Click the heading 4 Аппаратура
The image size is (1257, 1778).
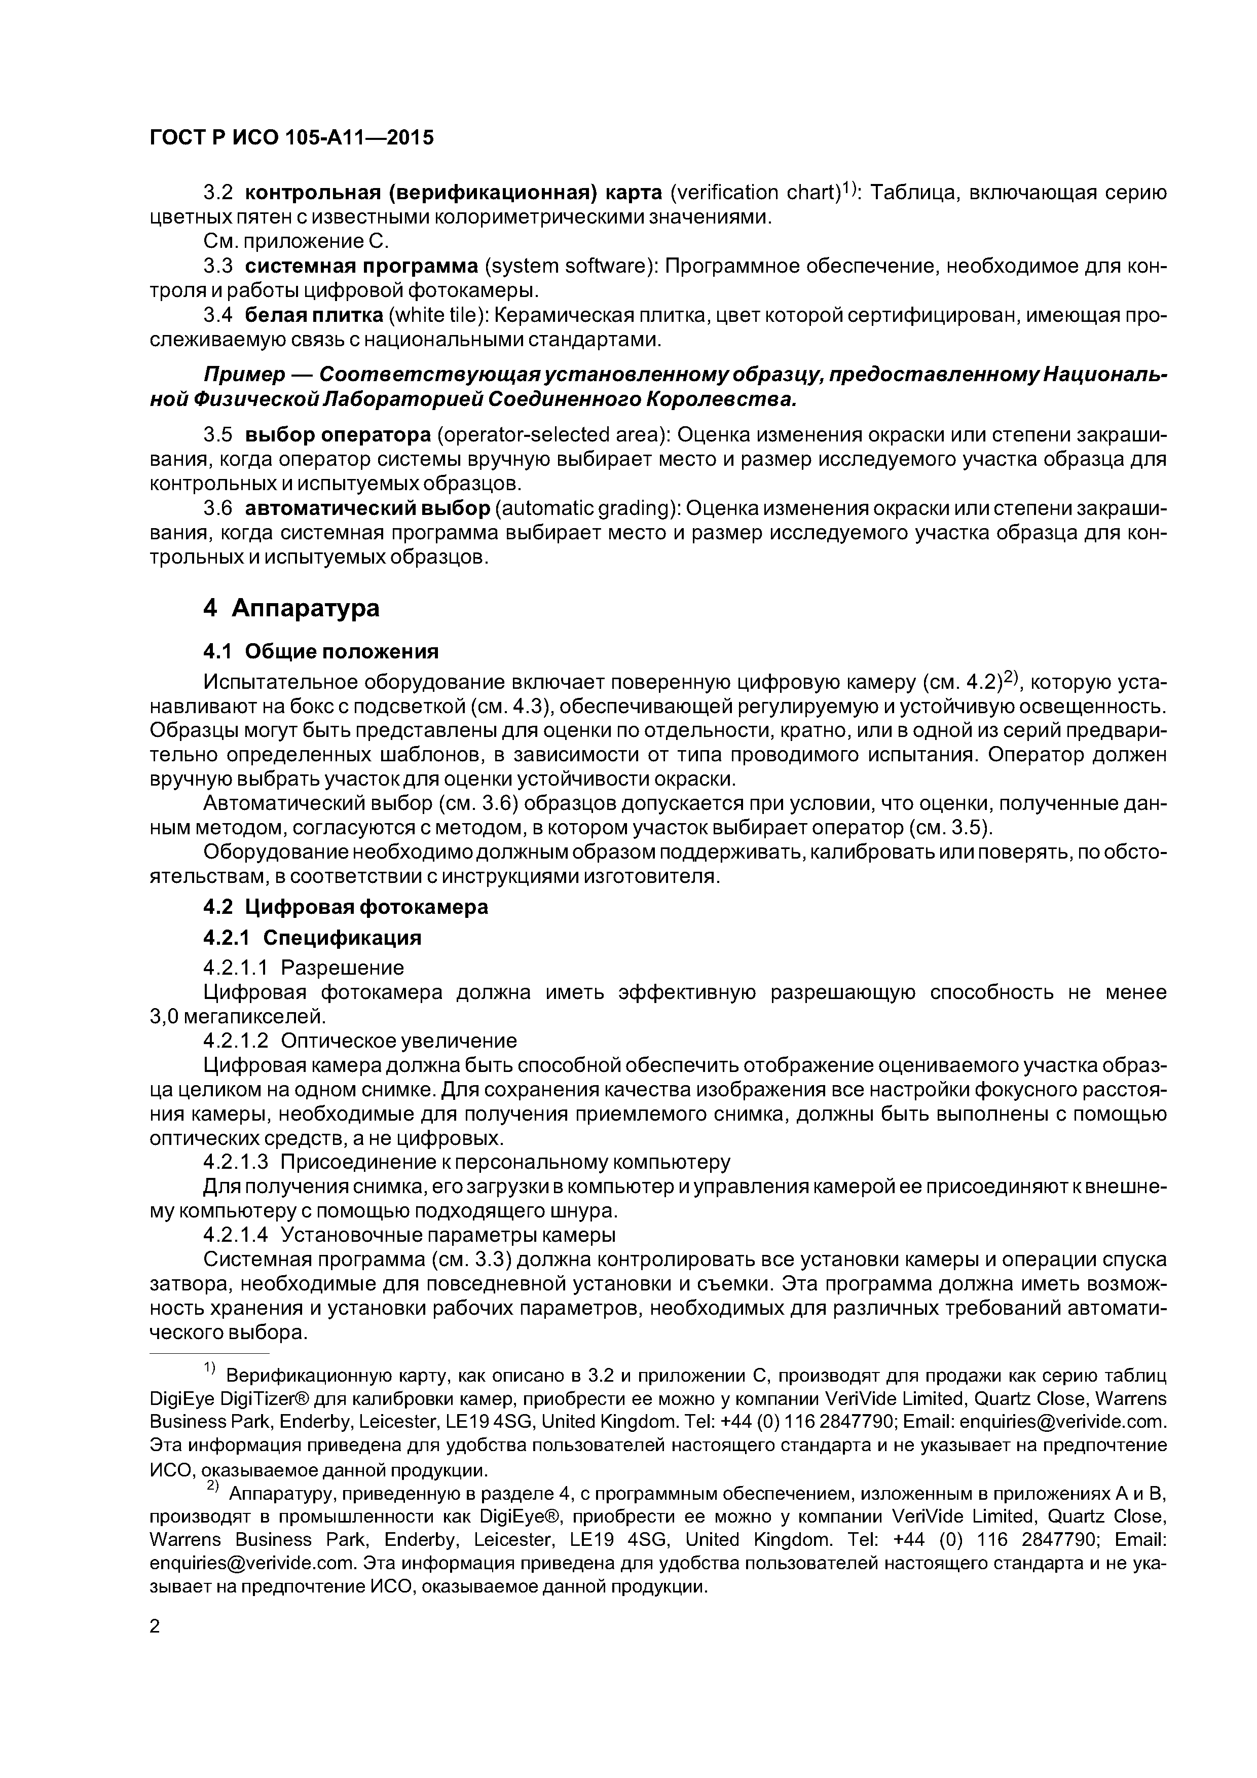[x=291, y=608]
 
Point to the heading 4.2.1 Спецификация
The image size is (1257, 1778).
[x=312, y=938]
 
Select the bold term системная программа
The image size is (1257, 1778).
[x=362, y=267]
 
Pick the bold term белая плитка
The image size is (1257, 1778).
[x=314, y=316]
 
